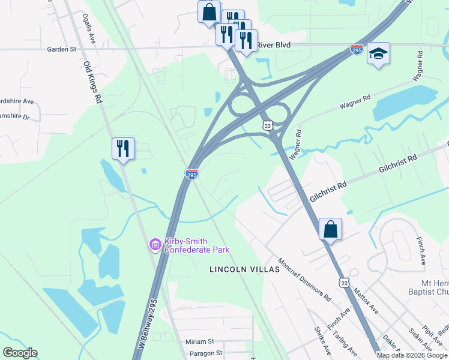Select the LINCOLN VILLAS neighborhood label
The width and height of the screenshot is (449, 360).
(x=244, y=269)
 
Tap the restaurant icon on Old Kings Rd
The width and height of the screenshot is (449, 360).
(x=123, y=148)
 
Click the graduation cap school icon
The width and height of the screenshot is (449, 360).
(x=378, y=54)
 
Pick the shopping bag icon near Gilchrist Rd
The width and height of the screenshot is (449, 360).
(x=330, y=229)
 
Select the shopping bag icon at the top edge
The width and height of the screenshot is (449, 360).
(x=209, y=11)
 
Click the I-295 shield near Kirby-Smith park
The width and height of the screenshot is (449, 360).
(x=191, y=174)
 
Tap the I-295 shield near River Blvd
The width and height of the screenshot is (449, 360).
(x=357, y=49)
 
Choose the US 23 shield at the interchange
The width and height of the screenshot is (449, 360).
(x=268, y=124)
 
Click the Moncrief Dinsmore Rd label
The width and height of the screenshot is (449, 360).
(x=304, y=280)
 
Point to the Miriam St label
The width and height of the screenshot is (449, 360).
(x=199, y=341)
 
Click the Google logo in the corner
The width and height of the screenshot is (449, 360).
(x=19, y=353)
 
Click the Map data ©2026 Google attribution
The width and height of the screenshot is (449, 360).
(x=412, y=355)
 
